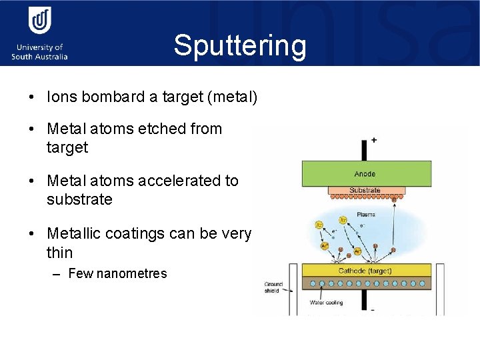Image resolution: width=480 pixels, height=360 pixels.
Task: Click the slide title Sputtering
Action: click(240, 45)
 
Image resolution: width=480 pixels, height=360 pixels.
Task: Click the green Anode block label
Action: click(365, 174)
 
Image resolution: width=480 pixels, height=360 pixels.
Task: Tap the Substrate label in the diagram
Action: click(365, 191)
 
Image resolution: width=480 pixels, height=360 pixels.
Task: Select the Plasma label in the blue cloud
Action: click(365, 215)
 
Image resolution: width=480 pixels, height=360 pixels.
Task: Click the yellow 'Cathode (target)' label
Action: click(365, 271)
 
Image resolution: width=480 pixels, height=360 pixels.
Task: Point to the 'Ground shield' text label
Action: click(274, 287)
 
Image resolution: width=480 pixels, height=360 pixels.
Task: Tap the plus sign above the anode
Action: click(373, 141)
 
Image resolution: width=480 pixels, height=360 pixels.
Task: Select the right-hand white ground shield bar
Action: click(440, 289)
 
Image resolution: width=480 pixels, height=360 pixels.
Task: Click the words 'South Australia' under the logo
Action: click(39, 57)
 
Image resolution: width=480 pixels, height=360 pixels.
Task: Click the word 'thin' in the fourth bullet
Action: click(60, 253)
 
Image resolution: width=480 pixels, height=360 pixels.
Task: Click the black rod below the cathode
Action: click(364, 300)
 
